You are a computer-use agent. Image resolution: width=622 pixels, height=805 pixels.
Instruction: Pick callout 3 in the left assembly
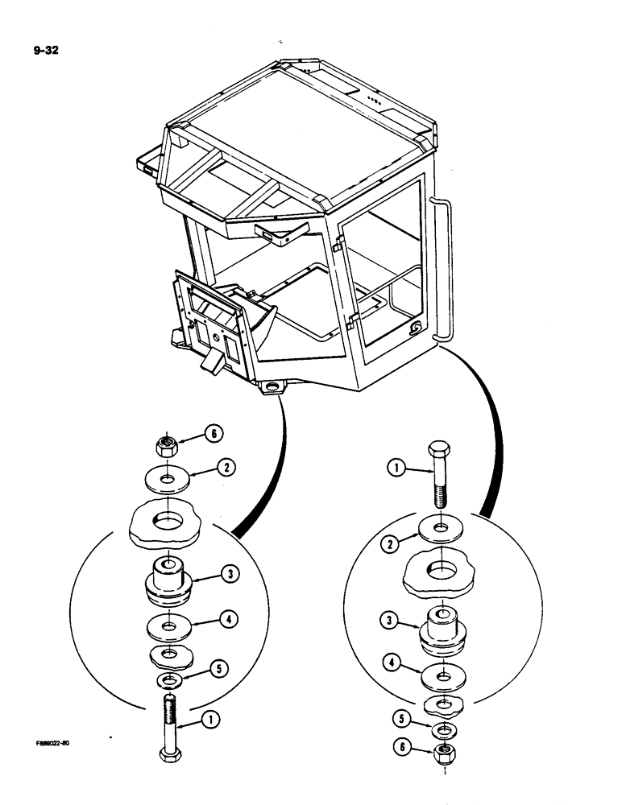click(230, 574)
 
